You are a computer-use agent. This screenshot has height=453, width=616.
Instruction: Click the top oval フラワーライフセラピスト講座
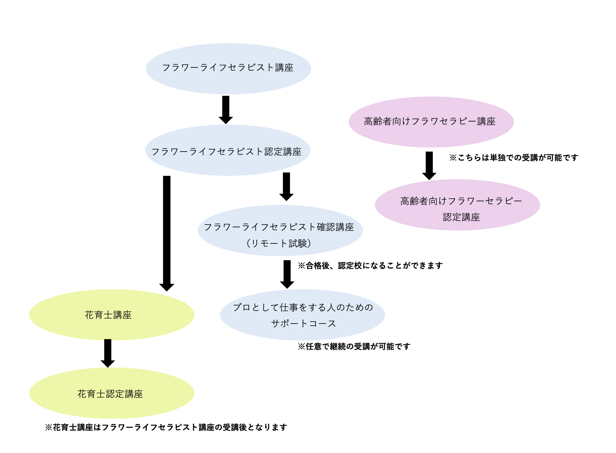(228, 68)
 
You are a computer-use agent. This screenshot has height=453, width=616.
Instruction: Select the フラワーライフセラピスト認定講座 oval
(228, 150)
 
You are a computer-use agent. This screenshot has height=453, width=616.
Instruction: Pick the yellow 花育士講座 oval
(112, 315)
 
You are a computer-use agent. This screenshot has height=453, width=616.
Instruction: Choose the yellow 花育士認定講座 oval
(112, 393)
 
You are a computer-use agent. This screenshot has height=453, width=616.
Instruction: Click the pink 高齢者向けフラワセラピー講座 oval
(431, 122)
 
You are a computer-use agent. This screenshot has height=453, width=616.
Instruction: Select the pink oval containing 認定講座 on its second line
(457, 205)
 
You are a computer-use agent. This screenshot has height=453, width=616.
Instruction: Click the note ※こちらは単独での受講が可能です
(514, 158)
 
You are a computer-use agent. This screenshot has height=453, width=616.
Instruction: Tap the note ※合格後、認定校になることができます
(370, 266)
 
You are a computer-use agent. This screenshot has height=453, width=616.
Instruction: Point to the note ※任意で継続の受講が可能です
(354, 347)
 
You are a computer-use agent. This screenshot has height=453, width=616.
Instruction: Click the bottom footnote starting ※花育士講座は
(166, 427)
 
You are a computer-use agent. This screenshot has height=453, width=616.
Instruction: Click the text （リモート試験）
(279, 243)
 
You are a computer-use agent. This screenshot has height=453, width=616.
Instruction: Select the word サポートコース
(303, 323)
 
